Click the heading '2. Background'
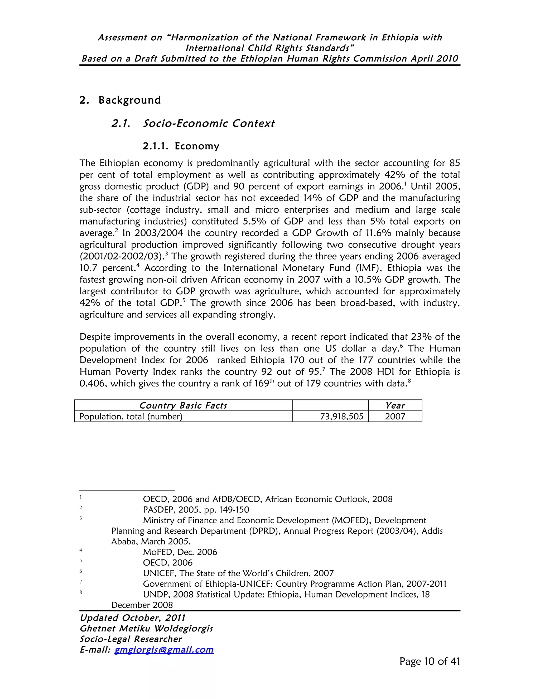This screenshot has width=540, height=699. [x=120, y=100]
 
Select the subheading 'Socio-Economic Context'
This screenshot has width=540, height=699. [x=209, y=123]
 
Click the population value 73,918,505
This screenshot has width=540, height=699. [x=341, y=416]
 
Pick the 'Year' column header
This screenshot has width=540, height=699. [x=395, y=405]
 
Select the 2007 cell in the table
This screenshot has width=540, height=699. [x=395, y=416]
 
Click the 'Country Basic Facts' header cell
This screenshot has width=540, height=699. [x=183, y=405]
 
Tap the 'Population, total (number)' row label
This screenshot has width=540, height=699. [x=131, y=416]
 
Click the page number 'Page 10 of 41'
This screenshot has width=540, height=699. [x=429, y=661]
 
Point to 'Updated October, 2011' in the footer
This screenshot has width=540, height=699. [x=132, y=618]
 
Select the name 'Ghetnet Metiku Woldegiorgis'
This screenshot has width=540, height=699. [x=146, y=628]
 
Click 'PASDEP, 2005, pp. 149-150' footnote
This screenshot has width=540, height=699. [x=196, y=510]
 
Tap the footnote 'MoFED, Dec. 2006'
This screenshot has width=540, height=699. [x=180, y=552]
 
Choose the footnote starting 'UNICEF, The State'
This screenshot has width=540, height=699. [x=238, y=573]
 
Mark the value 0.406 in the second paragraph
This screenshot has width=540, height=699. [x=92, y=384]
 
